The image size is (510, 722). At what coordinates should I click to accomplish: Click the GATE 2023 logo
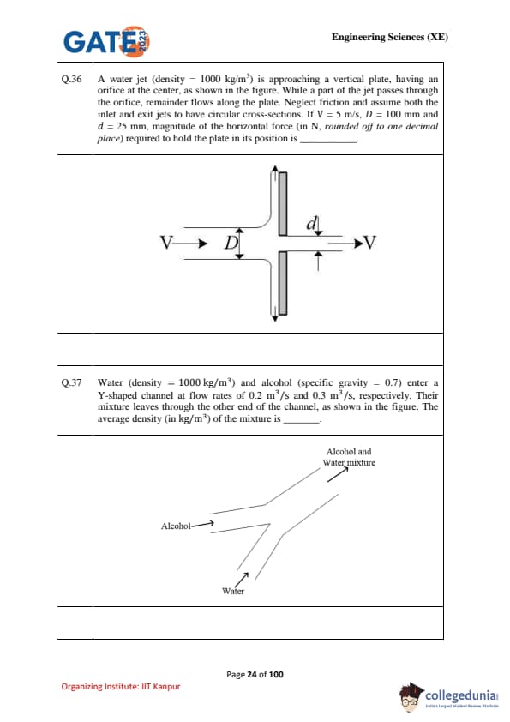tap(107, 41)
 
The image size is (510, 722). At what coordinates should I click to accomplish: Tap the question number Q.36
tap(71, 79)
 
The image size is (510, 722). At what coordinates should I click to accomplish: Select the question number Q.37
tap(71, 382)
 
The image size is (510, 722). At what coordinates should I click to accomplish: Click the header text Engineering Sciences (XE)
tap(389, 37)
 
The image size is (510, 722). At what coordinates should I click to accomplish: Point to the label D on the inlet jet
tap(231, 242)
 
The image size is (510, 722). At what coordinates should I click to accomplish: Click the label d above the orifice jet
tap(312, 223)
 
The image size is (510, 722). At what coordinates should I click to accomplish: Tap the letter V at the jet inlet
tap(166, 242)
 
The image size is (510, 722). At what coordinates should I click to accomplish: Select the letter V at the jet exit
tap(369, 242)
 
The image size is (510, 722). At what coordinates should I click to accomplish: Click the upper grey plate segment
tap(283, 204)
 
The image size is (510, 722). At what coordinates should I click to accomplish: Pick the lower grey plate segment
tap(283, 283)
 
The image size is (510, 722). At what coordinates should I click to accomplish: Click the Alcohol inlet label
tap(176, 526)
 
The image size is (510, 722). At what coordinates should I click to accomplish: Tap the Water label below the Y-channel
tap(233, 591)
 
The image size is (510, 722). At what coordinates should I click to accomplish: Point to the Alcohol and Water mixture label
tap(349, 457)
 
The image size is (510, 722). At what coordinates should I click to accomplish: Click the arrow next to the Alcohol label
tap(203, 524)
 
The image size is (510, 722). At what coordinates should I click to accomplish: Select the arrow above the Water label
tap(242, 578)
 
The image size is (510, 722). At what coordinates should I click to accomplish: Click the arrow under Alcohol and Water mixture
tap(338, 474)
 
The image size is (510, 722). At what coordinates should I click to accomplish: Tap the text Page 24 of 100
tap(255, 675)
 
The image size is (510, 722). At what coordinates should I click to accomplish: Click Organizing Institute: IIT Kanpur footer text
tap(121, 687)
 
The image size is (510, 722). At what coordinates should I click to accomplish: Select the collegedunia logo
tap(449, 695)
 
